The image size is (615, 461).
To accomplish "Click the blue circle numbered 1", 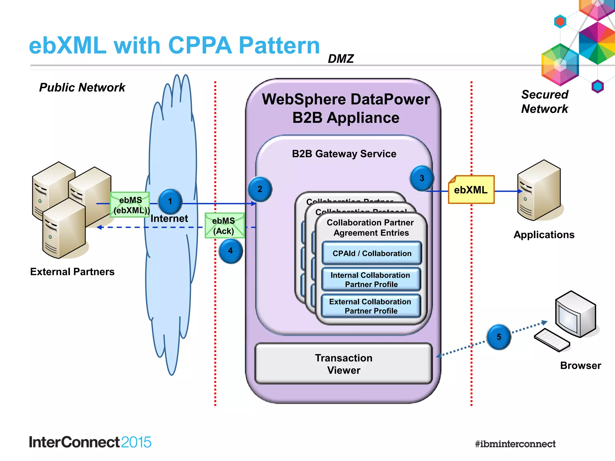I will [170, 201].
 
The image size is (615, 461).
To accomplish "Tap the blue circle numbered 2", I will [260, 189].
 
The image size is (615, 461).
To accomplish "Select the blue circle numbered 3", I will [422, 178].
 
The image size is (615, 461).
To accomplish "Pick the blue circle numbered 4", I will [230, 251].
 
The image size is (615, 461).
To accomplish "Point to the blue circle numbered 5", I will [498, 337].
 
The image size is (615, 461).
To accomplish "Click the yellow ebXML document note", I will [471, 190].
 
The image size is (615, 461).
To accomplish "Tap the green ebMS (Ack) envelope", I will [224, 226].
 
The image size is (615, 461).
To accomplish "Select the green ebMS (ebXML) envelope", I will [130, 205].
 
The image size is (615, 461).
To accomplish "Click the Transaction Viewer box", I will [344, 363].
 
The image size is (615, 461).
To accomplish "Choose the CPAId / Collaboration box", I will [371, 253].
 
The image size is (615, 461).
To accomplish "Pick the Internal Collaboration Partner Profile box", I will [371, 279].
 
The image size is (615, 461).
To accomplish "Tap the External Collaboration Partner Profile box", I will [371, 306].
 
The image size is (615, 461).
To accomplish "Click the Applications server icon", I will [539, 190].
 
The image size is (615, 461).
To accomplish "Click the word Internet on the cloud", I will [169, 218].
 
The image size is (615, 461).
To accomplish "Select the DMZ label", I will [341, 59].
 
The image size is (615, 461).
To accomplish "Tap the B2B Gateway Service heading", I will [344, 154].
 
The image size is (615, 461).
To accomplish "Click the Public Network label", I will [82, 87].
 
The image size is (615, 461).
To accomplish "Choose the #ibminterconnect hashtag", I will [515, 444].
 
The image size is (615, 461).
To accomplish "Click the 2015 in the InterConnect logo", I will [136, 442].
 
